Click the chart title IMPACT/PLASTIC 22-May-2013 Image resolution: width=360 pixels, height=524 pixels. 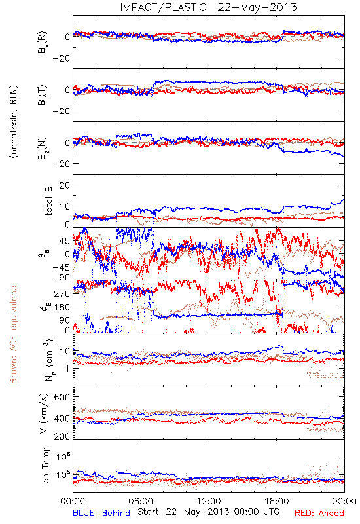[208, 7]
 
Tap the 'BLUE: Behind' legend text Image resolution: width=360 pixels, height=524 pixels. [101, 513]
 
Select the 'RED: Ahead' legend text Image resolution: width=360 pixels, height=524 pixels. [319, 513]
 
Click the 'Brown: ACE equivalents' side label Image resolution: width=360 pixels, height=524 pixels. [13, 333]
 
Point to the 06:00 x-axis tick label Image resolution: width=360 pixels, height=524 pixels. [141, 501]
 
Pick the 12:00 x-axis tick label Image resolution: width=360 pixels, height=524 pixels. [209, 501]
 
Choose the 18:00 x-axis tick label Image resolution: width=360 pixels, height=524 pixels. [277, 501]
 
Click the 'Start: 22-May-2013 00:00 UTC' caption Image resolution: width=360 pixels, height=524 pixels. [208, 512]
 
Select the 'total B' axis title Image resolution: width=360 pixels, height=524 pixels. [48, 200]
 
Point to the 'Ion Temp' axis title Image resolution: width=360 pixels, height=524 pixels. [45, 466]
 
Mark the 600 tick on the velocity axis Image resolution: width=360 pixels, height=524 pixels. [62, 397]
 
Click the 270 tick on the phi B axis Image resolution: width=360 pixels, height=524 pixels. [62, 293]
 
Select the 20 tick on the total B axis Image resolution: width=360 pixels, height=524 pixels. [64, 185]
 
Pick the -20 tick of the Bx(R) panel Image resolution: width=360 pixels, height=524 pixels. [61, 58]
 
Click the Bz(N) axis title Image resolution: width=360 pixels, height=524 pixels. [43, 148]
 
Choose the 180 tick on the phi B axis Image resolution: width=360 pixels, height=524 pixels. [62, 307]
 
